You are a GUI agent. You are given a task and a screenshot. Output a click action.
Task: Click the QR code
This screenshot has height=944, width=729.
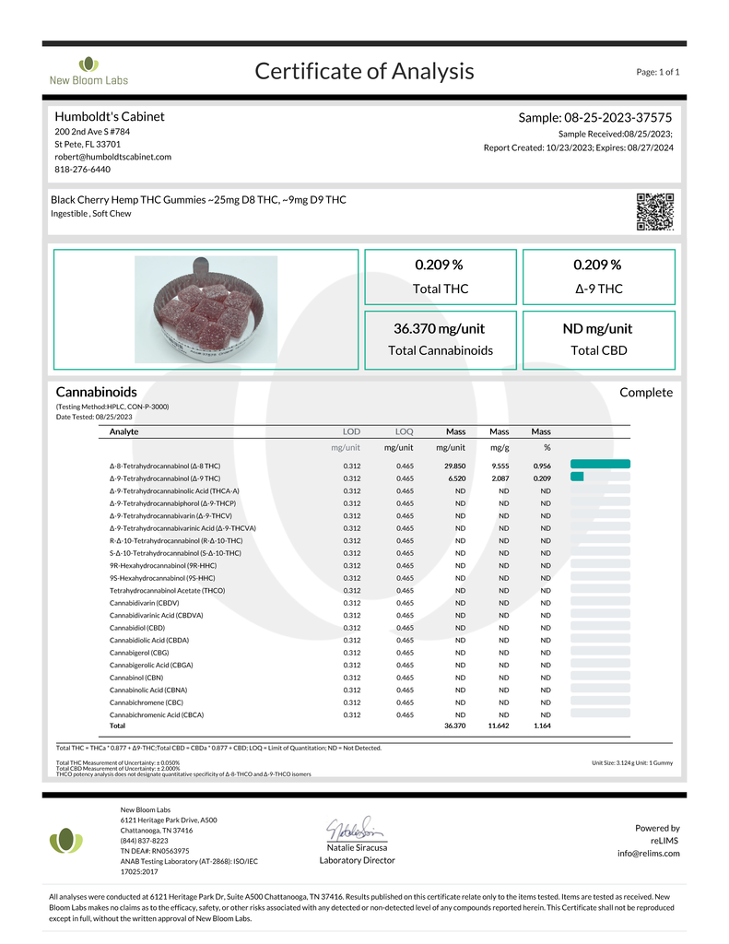coord(655,212)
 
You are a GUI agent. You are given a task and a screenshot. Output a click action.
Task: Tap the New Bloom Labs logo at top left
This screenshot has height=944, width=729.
coord(88,71)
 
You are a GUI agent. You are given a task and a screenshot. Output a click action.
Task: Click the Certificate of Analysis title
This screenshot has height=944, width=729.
coord(364,71)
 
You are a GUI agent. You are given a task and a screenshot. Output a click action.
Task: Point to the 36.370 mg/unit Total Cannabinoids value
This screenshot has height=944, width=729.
coord(439,328)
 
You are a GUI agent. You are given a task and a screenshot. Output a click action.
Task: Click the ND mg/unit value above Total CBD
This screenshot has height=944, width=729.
coord(597,328)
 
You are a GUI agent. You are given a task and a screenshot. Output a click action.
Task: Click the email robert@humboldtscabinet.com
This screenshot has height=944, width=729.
coord(112,157)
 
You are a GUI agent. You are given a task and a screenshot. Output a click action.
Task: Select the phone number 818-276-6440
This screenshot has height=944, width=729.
coord(83,170)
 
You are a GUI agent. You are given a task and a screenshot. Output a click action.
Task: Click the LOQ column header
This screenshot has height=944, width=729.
coord(404,431)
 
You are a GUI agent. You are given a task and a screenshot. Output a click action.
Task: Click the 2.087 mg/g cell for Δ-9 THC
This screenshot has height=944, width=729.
coord(500,478)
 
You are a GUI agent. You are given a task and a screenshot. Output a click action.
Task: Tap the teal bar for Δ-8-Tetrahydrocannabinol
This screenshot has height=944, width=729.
coord(600,464)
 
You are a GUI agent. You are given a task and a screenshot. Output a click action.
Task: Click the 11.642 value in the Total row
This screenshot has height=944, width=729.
coord(499,727)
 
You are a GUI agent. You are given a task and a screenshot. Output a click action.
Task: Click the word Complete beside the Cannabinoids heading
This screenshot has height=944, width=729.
coord(646,393)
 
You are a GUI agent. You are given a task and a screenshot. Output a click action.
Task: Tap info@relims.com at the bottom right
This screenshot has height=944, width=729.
coord(649,853)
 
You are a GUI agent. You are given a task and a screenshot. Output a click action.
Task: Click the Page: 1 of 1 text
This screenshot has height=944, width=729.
coord(657,72)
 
